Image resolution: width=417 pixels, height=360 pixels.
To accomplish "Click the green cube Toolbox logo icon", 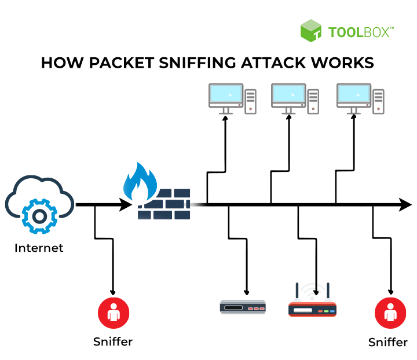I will tap(311, 31).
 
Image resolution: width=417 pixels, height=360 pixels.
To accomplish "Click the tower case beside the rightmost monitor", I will tap(378, 101).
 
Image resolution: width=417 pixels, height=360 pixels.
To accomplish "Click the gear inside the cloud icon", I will tap(39, 216).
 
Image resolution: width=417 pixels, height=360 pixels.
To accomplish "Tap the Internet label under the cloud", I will tap(39, 248).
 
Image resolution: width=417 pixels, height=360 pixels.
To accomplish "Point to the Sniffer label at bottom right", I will tap(388, 342).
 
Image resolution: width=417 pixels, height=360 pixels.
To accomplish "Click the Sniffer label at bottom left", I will tap(113, 341).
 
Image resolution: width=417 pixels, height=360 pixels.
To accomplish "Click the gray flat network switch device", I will tap(242, 307).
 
